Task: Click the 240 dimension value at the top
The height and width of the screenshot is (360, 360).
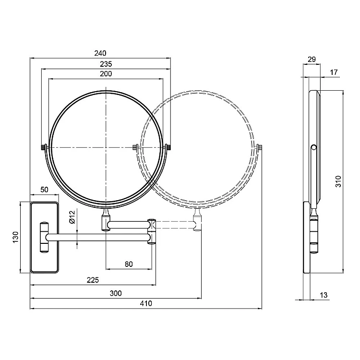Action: [x=100, y=53]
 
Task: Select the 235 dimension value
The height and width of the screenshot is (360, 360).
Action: [x=106, y=64]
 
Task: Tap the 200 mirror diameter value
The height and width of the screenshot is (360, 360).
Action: [x=106, y=74]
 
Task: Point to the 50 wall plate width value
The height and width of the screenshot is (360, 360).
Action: [x=44, y=190]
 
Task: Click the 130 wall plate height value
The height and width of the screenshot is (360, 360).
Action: [x=15, y=237]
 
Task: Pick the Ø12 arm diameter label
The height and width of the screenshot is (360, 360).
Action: [x=72, y=217]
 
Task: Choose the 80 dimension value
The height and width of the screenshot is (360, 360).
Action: [x=129, y=264]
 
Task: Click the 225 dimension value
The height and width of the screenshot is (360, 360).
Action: [x=93, y=280]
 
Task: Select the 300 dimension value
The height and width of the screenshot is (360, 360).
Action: [x=116, y=293]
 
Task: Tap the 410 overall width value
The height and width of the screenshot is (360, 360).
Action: [x=146, y=303]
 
